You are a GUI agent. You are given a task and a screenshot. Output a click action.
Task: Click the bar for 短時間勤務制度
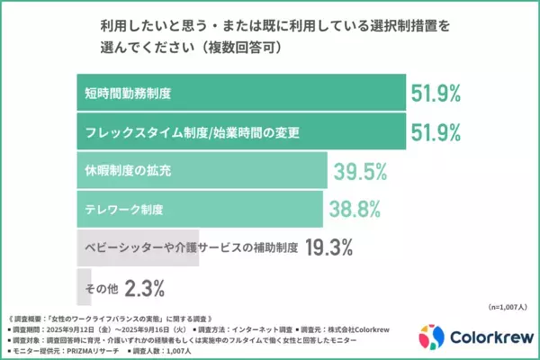[x=238, y=92]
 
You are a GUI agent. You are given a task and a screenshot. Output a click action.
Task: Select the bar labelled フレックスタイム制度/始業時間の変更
[x=238, y=131]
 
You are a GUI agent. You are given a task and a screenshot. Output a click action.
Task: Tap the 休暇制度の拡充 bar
[x=201, y=170]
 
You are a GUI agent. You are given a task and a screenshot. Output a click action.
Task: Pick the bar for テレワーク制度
[x=199, y=209]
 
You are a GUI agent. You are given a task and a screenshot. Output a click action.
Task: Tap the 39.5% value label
[x=360, y=171]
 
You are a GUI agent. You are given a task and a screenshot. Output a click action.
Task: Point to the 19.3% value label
[x=331, y=247]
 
